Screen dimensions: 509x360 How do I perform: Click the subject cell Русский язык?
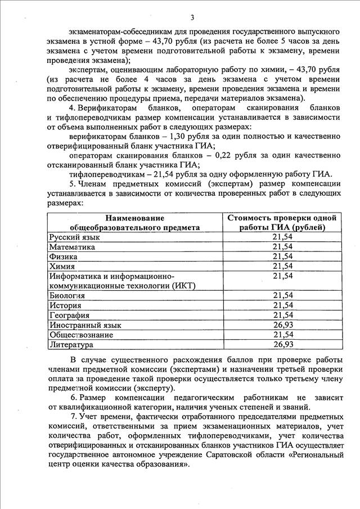click(x=70, y=237)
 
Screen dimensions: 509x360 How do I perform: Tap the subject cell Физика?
click(x=62, y=256)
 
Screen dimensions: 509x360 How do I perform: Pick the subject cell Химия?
click(x=61, y=266)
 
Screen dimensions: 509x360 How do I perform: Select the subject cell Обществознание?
click(x=81, y=335)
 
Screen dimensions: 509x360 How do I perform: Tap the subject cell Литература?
click(x=71, y=344)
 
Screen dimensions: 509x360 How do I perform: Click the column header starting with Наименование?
click(x=134, y=222)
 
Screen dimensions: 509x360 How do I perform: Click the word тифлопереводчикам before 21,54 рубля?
click(x=101, y=174)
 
